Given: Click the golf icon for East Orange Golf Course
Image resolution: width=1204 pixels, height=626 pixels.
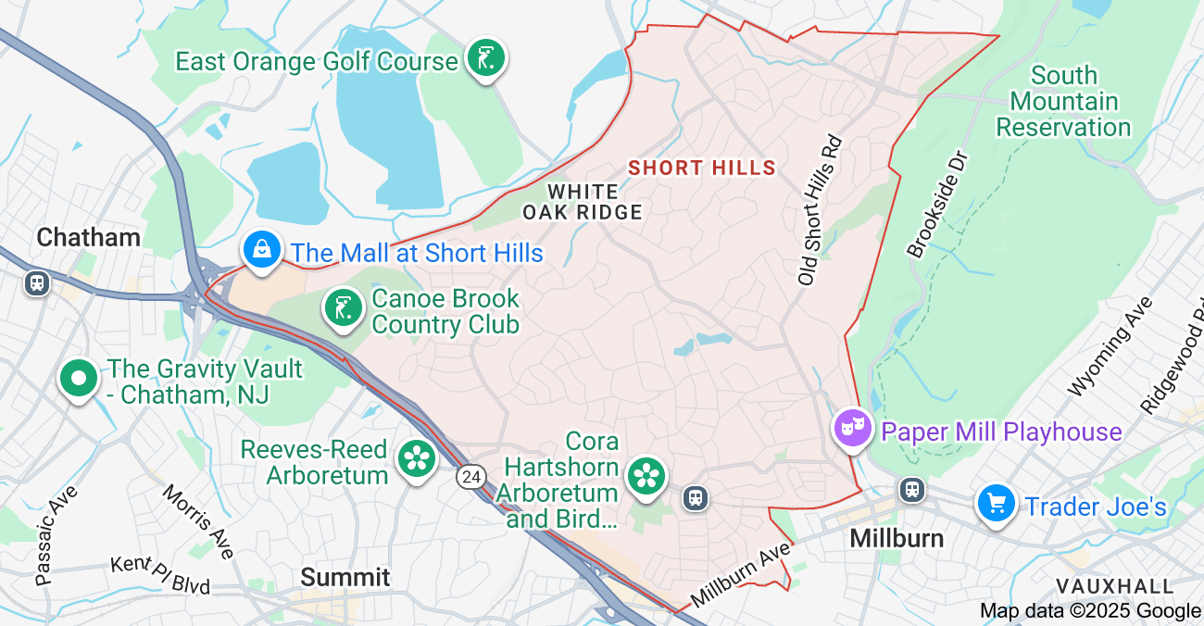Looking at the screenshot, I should (485, 58).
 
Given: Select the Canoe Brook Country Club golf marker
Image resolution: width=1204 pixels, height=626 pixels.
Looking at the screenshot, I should (343, 307).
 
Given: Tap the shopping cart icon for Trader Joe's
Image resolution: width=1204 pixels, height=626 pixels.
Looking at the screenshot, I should (997, 504).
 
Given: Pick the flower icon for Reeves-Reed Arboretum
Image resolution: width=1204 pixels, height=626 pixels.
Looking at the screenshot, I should (417, 457).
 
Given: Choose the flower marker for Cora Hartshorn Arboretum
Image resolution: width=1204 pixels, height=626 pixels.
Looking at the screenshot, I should (646, 477).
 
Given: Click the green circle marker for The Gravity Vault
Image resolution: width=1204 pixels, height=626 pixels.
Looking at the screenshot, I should (79, 379).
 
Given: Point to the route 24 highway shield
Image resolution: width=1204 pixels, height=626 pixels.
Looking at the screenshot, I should (470, 476).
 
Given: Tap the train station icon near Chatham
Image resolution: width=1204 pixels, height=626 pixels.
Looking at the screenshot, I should (37, 282).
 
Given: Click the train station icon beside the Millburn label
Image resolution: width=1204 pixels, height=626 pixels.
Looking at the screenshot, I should (912, 489).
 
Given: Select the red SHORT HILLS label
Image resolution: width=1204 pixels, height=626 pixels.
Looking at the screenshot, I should (701, 168).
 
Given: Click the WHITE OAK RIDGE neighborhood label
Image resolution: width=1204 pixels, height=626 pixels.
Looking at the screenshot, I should (583, 202).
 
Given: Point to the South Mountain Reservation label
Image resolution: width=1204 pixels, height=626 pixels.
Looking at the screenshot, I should (1063, 101).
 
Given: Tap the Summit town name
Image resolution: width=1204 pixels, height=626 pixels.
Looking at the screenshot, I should (345, 577).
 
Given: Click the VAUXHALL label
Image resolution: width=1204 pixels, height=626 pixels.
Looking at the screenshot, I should (1114, 586).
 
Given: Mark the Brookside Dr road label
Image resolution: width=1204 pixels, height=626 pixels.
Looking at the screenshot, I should (937, 203).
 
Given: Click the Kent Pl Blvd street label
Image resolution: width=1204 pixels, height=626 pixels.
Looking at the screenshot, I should (159, 574).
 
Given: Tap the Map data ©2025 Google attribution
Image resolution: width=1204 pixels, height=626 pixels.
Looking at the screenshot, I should (1090, 610).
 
